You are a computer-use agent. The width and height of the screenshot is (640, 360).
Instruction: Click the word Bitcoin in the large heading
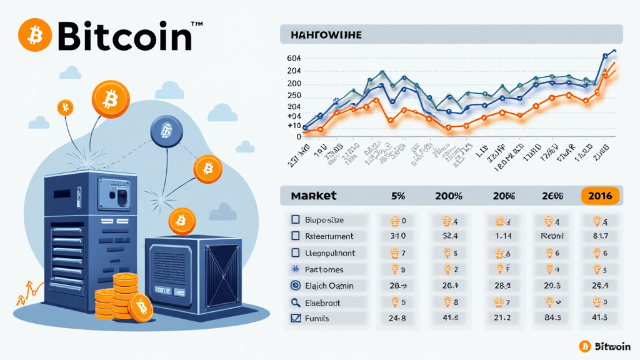[125, 36]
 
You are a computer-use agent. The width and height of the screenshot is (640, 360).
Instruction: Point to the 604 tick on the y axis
[294, 58]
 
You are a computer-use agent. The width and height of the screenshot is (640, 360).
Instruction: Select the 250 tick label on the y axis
[294, 96]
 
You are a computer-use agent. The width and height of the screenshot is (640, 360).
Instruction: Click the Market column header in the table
[314, 196]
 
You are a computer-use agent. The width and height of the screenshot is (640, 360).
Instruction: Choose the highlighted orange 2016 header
[600, 196]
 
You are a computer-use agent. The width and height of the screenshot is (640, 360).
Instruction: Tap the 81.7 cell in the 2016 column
[600, 236]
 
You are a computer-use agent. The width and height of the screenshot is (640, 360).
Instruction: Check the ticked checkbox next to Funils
[296, 318]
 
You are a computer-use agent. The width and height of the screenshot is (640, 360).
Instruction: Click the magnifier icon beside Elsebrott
[296, 302]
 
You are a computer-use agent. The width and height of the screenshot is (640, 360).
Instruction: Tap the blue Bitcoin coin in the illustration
[166, 130]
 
